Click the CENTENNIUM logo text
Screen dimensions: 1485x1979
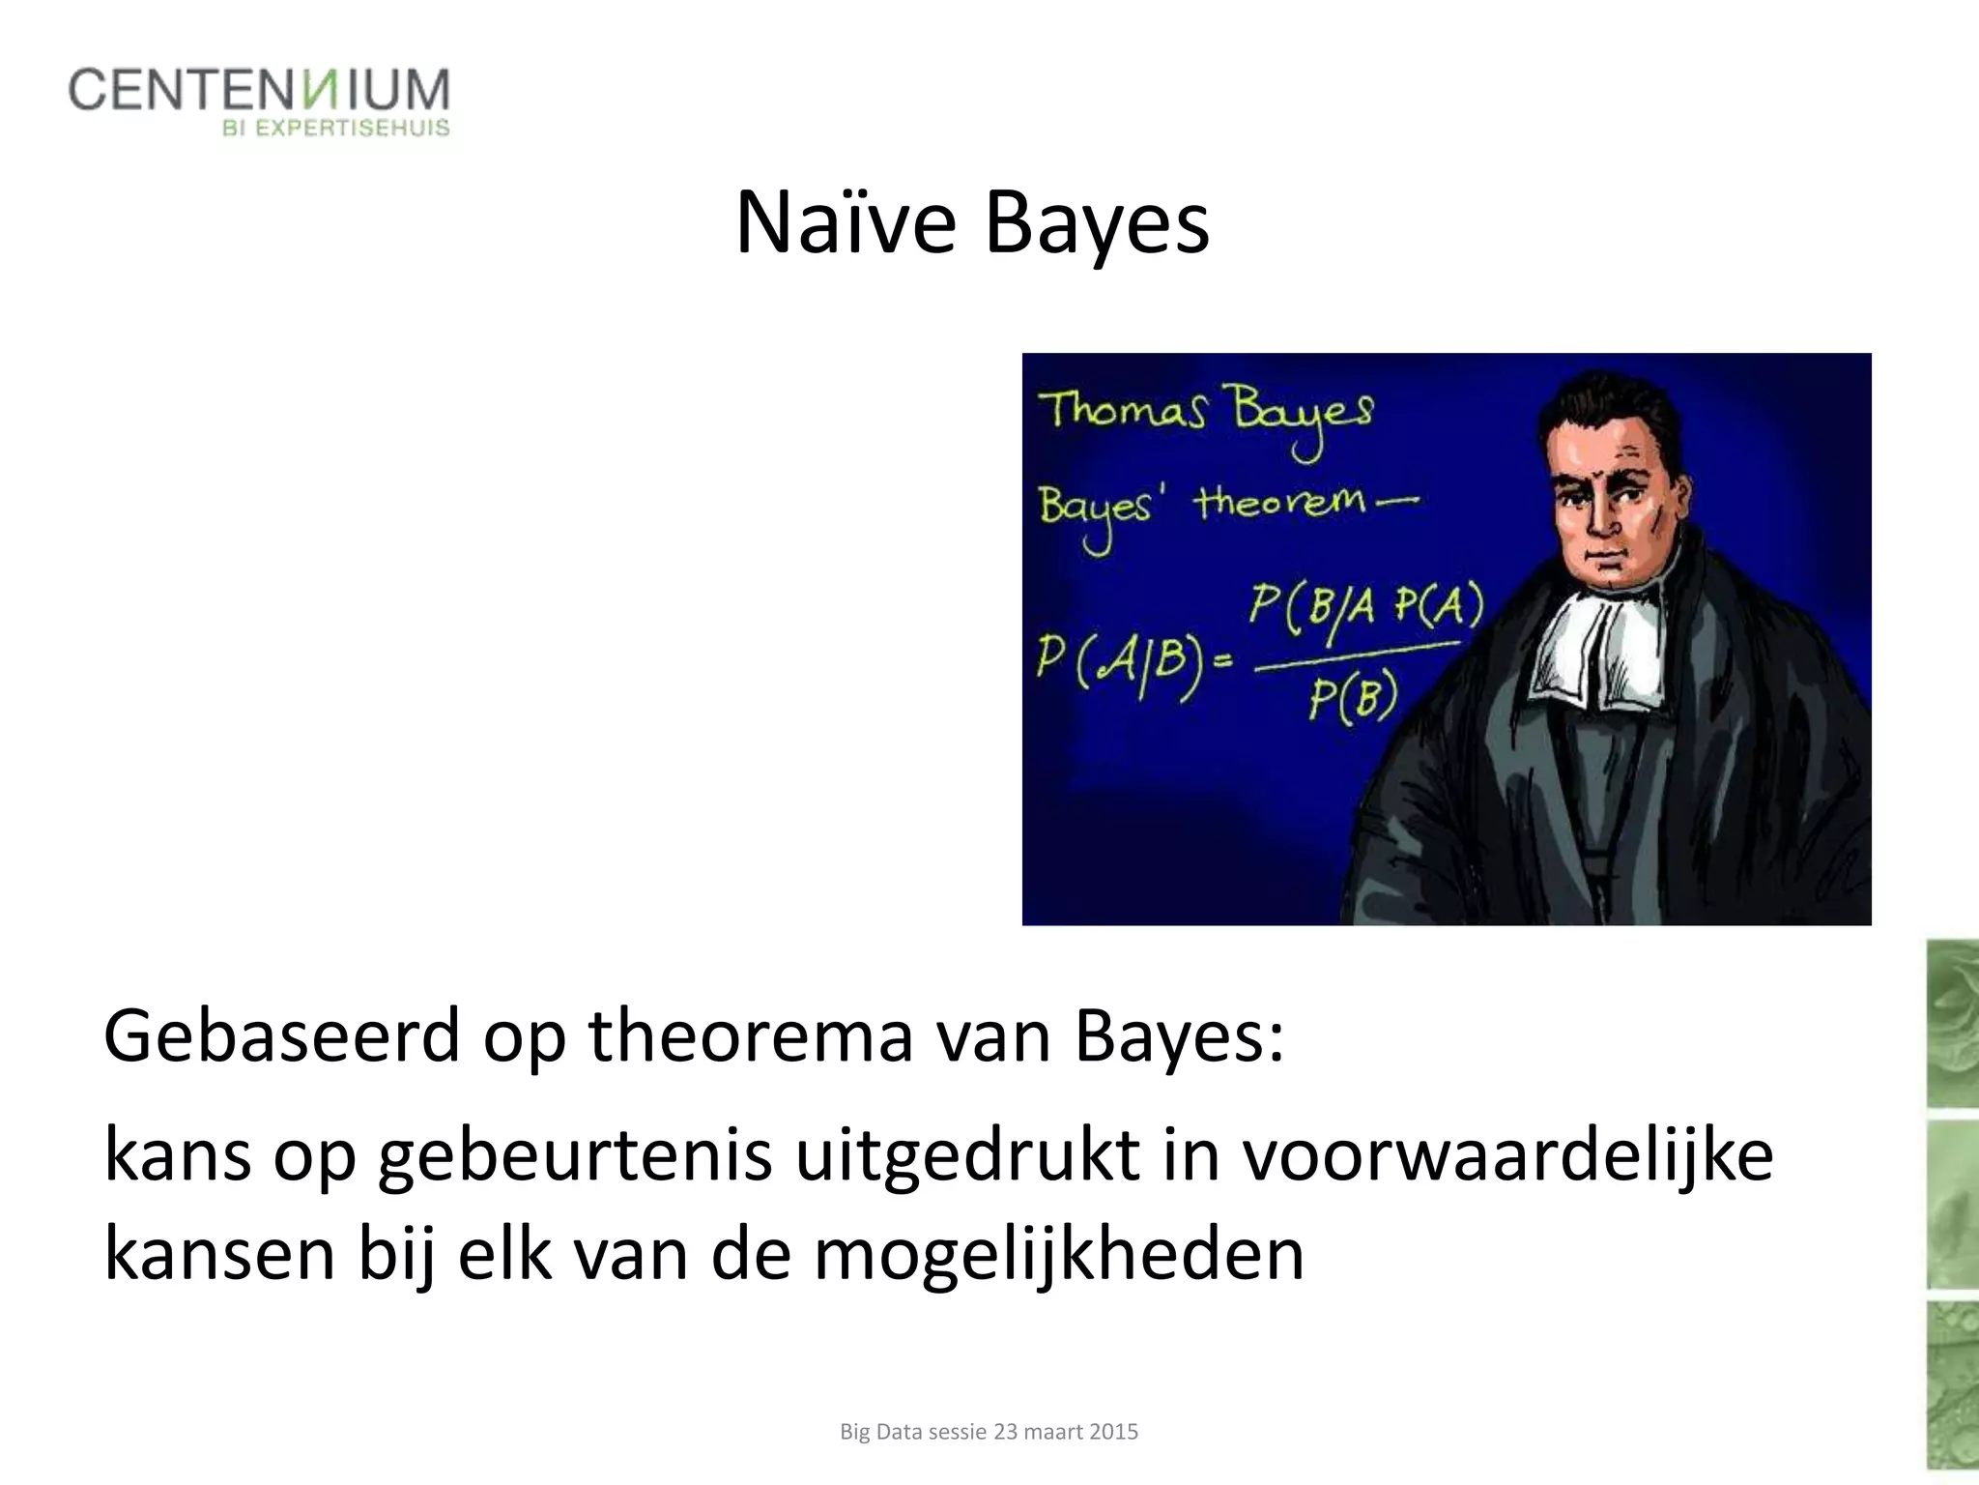click(x=259, y=90)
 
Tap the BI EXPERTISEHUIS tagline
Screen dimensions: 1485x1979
click(x=336, y=129)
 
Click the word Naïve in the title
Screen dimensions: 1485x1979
click(x=846, y=224)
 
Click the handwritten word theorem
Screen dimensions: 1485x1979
click(x=1281, y=503)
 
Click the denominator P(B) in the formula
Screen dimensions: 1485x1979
click(x=1353, y=699)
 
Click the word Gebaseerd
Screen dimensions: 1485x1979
click(x=281, y=1036)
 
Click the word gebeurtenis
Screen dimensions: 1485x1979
click(x=576, y=1156)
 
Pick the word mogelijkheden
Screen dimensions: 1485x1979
click(x=1059, y=1254)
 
